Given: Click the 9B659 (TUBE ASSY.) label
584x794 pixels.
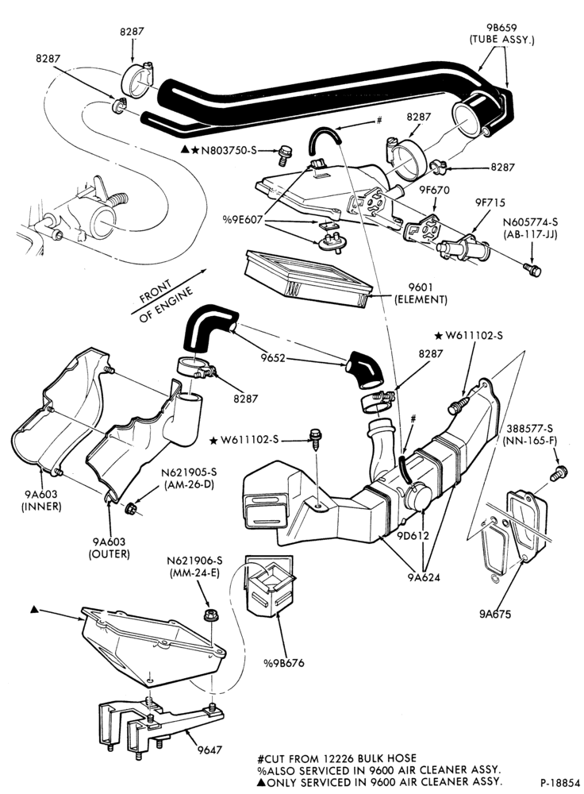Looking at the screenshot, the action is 501,33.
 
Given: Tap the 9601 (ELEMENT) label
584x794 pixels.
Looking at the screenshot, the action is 421,294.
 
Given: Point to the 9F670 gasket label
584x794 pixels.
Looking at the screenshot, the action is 434,191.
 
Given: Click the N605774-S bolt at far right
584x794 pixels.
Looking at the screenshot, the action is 532,269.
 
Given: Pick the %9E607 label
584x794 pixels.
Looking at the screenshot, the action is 242,220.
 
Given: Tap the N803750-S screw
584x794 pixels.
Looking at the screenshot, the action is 284,154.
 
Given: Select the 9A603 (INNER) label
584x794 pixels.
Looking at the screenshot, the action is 41,499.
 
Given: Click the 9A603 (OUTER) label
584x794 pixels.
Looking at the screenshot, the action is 109,548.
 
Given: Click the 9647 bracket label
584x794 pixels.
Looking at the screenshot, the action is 209,750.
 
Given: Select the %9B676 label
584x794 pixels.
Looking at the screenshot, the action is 284,662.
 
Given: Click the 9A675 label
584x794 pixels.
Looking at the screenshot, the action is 494,614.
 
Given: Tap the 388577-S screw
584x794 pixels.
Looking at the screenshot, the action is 559,473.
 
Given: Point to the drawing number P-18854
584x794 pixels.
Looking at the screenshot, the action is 559,782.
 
